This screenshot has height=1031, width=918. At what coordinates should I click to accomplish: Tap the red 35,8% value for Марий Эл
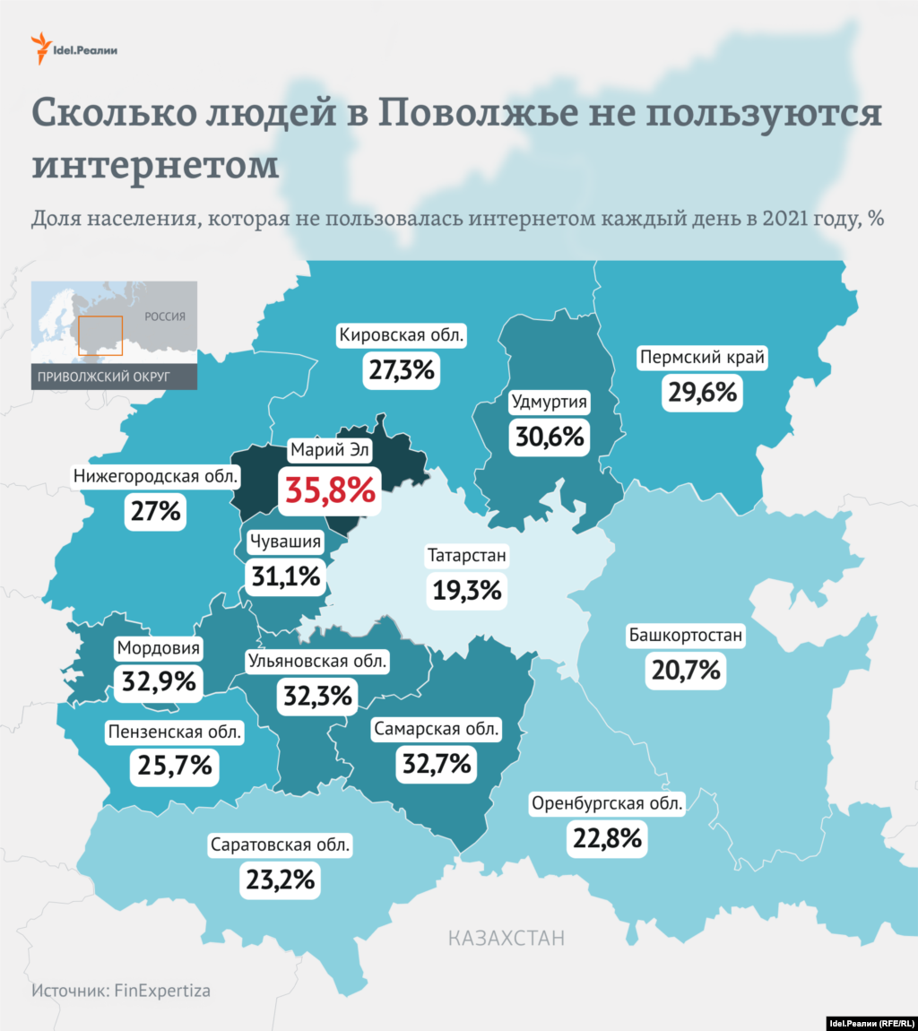tap(329, 490)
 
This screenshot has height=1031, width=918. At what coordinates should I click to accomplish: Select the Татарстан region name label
tap(466, 556)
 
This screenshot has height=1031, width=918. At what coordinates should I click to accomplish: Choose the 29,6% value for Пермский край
tap(702, 391)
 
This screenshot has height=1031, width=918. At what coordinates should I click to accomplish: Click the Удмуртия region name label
tap(549, 402)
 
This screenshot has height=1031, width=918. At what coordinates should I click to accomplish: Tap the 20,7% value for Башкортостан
tap(684, 669)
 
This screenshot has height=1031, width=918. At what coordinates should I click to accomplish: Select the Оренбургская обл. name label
tap(607, 803)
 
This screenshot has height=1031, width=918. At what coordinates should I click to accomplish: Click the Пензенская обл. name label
tap(175, 732)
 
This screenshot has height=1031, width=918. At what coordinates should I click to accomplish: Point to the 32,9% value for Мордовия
tap(159, 681)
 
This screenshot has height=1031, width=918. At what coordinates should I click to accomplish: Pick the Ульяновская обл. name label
tap(317, 662)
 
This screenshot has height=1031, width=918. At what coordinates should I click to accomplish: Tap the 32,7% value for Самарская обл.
tap(435, 763)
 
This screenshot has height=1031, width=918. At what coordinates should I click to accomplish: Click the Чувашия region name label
tap(285, 541)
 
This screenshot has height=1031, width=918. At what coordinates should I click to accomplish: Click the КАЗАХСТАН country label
tap(507, 939)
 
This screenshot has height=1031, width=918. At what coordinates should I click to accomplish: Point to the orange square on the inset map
tap(100, 336)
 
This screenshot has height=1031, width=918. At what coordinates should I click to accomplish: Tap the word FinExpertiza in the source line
tap(163, 991)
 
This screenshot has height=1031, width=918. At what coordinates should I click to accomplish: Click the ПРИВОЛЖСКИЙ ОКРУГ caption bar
tap(114, 376)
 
